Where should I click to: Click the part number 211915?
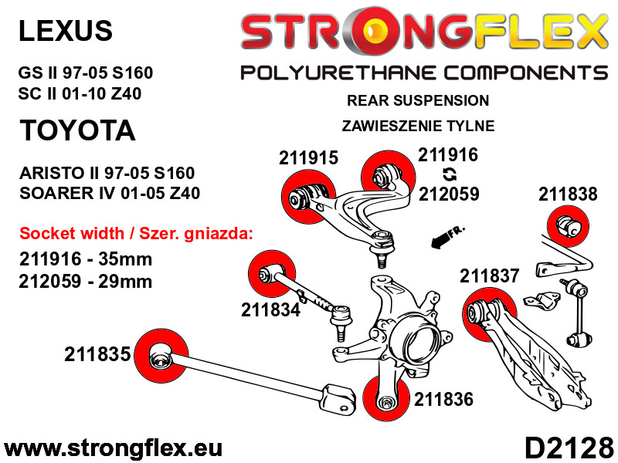tap(308, 158)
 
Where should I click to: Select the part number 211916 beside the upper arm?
tap(448, 155)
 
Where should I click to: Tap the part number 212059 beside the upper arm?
tap(449, 194)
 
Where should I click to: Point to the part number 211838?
tap(568, 194)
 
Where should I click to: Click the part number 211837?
tap(490, 275)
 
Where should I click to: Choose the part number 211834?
tap(271, 310)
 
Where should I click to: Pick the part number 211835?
tap(97, 354)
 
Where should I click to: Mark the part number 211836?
tap(443, 399)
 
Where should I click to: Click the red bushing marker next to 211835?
tap(161, 356)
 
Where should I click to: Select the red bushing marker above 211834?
tap(272, 274)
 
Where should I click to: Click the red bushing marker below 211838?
tap(568, 226)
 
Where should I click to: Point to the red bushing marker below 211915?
tap(308, 197)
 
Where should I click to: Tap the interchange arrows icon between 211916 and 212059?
tap(450, 174)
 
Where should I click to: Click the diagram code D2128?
tap(569, 448)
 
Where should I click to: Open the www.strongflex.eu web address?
tap(113, 448)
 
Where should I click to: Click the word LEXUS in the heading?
tap(66, 31)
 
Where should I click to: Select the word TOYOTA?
tap(77, 130)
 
